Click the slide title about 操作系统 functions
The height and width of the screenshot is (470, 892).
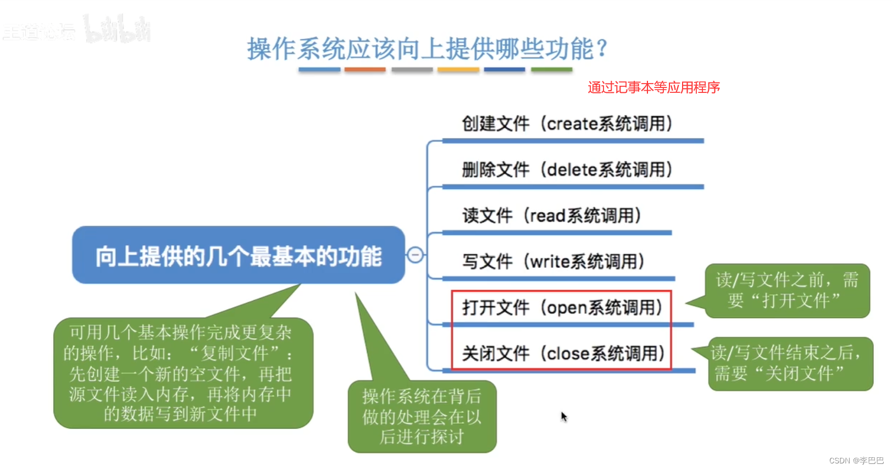pyautogui.click(x=427, y=49)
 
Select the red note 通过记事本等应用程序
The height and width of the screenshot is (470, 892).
pyautogui.click(x=653, y=87)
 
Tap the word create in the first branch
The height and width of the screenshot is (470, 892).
pyautogui.click(x=572, y=124)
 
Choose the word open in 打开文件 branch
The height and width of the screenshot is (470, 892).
pyautogui.click(x=567, y=308)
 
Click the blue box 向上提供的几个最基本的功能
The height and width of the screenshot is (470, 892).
pyautogui.click(x=239, y=256)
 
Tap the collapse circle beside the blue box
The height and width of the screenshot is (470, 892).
pyautogui.click(x=415, y=255)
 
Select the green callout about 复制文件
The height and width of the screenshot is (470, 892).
pyautogui.click(x=183, y=373)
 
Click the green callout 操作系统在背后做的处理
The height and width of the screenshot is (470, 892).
pyautogui.click(x=422, y=416)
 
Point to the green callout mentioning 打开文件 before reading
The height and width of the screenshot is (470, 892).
pyautogui.click(x=786, y=290)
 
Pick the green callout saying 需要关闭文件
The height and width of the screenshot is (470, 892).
pyautogui.click(x=790, y=363)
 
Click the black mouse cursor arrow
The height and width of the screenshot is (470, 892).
pyautogui.click(x=563, y=416)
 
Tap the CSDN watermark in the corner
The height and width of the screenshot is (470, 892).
pyautogui.click(x=856, y=461)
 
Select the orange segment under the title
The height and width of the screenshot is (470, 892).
pyautogui.click(x=365, y=70)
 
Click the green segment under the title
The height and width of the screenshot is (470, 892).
pyautogui.click(x=551, y=70)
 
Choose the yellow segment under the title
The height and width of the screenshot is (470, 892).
pyautogui.click(x=458, y=70)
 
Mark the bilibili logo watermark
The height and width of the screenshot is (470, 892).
pyautogui.click(x=118, y=30)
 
